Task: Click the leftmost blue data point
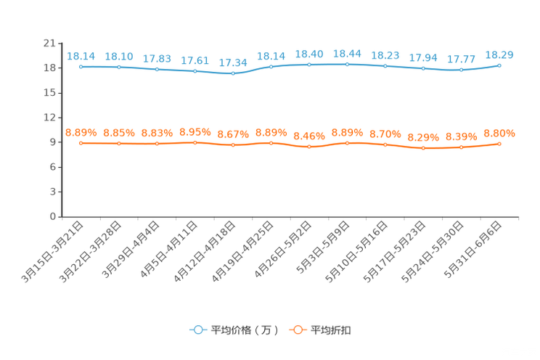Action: click(x=81, y=67)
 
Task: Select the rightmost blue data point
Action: click(x=499, y=65)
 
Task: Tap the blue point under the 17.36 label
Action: click(x=233, y=73)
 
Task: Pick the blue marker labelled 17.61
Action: click(x=195, y=71)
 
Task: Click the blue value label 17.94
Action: click(x=423, y=57)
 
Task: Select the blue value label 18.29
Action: click(x=499, y=54)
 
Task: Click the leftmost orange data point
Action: click(x=81, y=144)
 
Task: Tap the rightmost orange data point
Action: click(x=499, y=144)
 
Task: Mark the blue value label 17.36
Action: click(x=233, y=62)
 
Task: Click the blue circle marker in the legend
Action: click(x=197, y=330)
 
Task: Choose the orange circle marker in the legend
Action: click(x=298, y=330)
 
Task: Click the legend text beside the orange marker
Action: click(x=332, y=330)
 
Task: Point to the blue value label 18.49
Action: click(x=309, y=54)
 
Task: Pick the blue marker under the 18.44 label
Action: click(x=348, y=65)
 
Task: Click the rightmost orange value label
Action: click(x=499, y=133)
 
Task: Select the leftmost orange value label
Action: click(x=81, y=132)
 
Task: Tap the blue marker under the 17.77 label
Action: click(x=462, y=70)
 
